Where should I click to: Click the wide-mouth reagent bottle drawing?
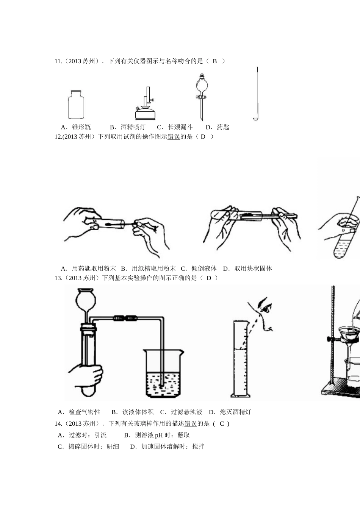coord(76,105)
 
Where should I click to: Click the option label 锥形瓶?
coord(81,127)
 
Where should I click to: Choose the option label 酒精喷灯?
coord(133,127)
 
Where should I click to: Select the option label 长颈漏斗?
coord(180,127)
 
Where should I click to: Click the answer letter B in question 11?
coord(214,61)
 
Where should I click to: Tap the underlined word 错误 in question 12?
coord(174,137)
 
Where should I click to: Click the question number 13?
coord(58,278)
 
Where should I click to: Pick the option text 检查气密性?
coord(84,412)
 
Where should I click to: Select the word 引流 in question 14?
coord(100,435)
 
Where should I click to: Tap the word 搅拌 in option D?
coord(198,447)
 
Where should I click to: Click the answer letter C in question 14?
coord(222,424)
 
